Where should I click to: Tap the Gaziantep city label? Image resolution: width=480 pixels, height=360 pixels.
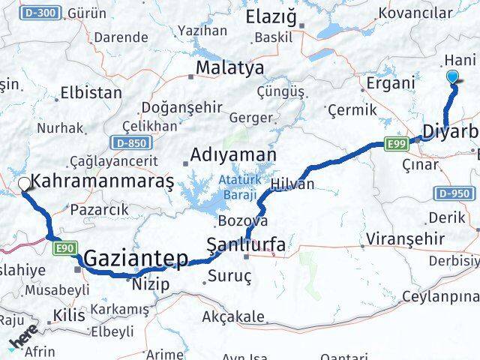136,259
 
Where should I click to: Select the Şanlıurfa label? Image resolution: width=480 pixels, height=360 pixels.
245,243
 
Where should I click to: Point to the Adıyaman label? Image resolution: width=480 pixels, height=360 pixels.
233,154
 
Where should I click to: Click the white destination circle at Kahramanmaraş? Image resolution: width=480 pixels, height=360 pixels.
24,183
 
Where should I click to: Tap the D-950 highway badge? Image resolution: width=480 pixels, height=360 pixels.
454,193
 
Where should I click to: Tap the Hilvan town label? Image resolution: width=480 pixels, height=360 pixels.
292,184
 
